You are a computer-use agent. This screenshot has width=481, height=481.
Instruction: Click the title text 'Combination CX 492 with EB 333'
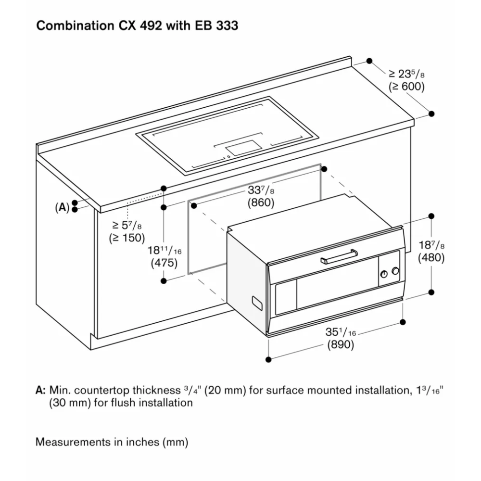(x=137, y=25)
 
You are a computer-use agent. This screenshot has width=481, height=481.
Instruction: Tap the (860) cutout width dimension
(x=261, y=203)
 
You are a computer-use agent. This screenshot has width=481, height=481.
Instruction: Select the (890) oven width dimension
(x=340, y=344)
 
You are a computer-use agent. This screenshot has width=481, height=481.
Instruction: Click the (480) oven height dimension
(x=431, y=257)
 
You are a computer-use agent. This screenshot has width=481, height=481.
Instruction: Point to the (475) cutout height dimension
(x=164, y=263)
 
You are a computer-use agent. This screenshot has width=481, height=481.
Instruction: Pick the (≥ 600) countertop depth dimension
(x=406, y=87)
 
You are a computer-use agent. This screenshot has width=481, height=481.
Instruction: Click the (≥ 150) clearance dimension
(x=127, y=238)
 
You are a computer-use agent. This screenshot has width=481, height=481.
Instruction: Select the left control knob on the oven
(x=384, y=274)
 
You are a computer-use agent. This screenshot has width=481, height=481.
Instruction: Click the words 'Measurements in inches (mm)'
(x=112, y=442)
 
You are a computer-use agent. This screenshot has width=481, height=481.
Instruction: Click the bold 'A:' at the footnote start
(x=41, y=391)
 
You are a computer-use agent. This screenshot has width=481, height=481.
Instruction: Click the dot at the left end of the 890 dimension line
(x=269, y=358)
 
